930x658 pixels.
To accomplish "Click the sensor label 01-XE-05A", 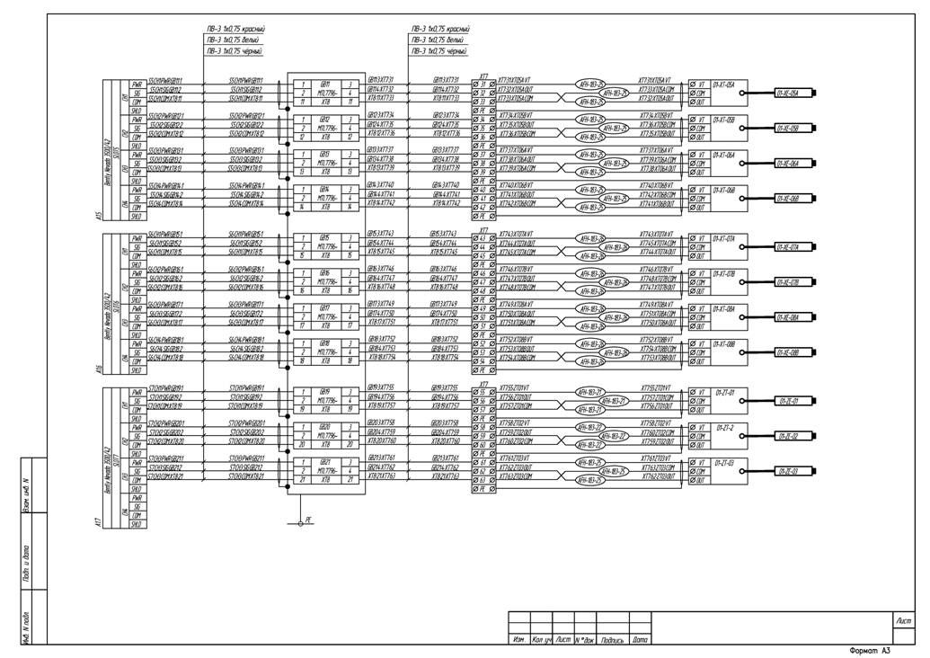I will coord(792,93).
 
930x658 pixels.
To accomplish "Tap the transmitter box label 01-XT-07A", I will coord(723,238).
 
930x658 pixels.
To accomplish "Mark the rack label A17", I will coord(97,521).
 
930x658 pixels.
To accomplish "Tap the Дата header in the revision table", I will coord(639,639).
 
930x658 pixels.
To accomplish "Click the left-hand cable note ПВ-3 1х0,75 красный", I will coord(235,30).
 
